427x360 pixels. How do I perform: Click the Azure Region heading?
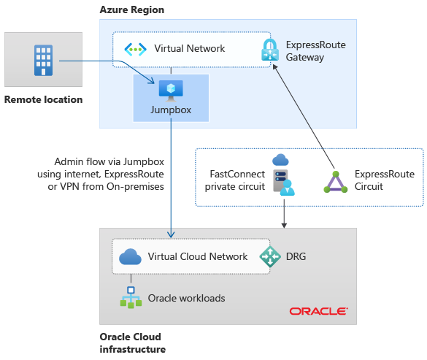[131, 9]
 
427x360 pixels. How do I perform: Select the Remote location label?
[43, 99]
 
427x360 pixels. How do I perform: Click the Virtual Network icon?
[136, 49]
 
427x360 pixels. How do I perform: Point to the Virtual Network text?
[189, 49]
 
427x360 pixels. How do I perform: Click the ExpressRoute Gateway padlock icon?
[269, 50]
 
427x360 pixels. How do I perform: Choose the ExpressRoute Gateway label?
[315, 50]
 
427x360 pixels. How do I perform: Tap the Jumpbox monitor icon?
[171, 89]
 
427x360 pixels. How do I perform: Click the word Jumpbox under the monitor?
[171, 110]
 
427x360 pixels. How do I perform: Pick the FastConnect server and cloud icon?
[282, 175]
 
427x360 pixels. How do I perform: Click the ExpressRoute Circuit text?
[384, 180]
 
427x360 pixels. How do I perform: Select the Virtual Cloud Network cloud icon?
[130, 256]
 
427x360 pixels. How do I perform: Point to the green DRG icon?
[270, 256]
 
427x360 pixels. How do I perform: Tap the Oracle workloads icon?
[131, 297]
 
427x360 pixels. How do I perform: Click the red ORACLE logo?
[318, 311]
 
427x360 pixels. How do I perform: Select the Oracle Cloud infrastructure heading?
[132, 343]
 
